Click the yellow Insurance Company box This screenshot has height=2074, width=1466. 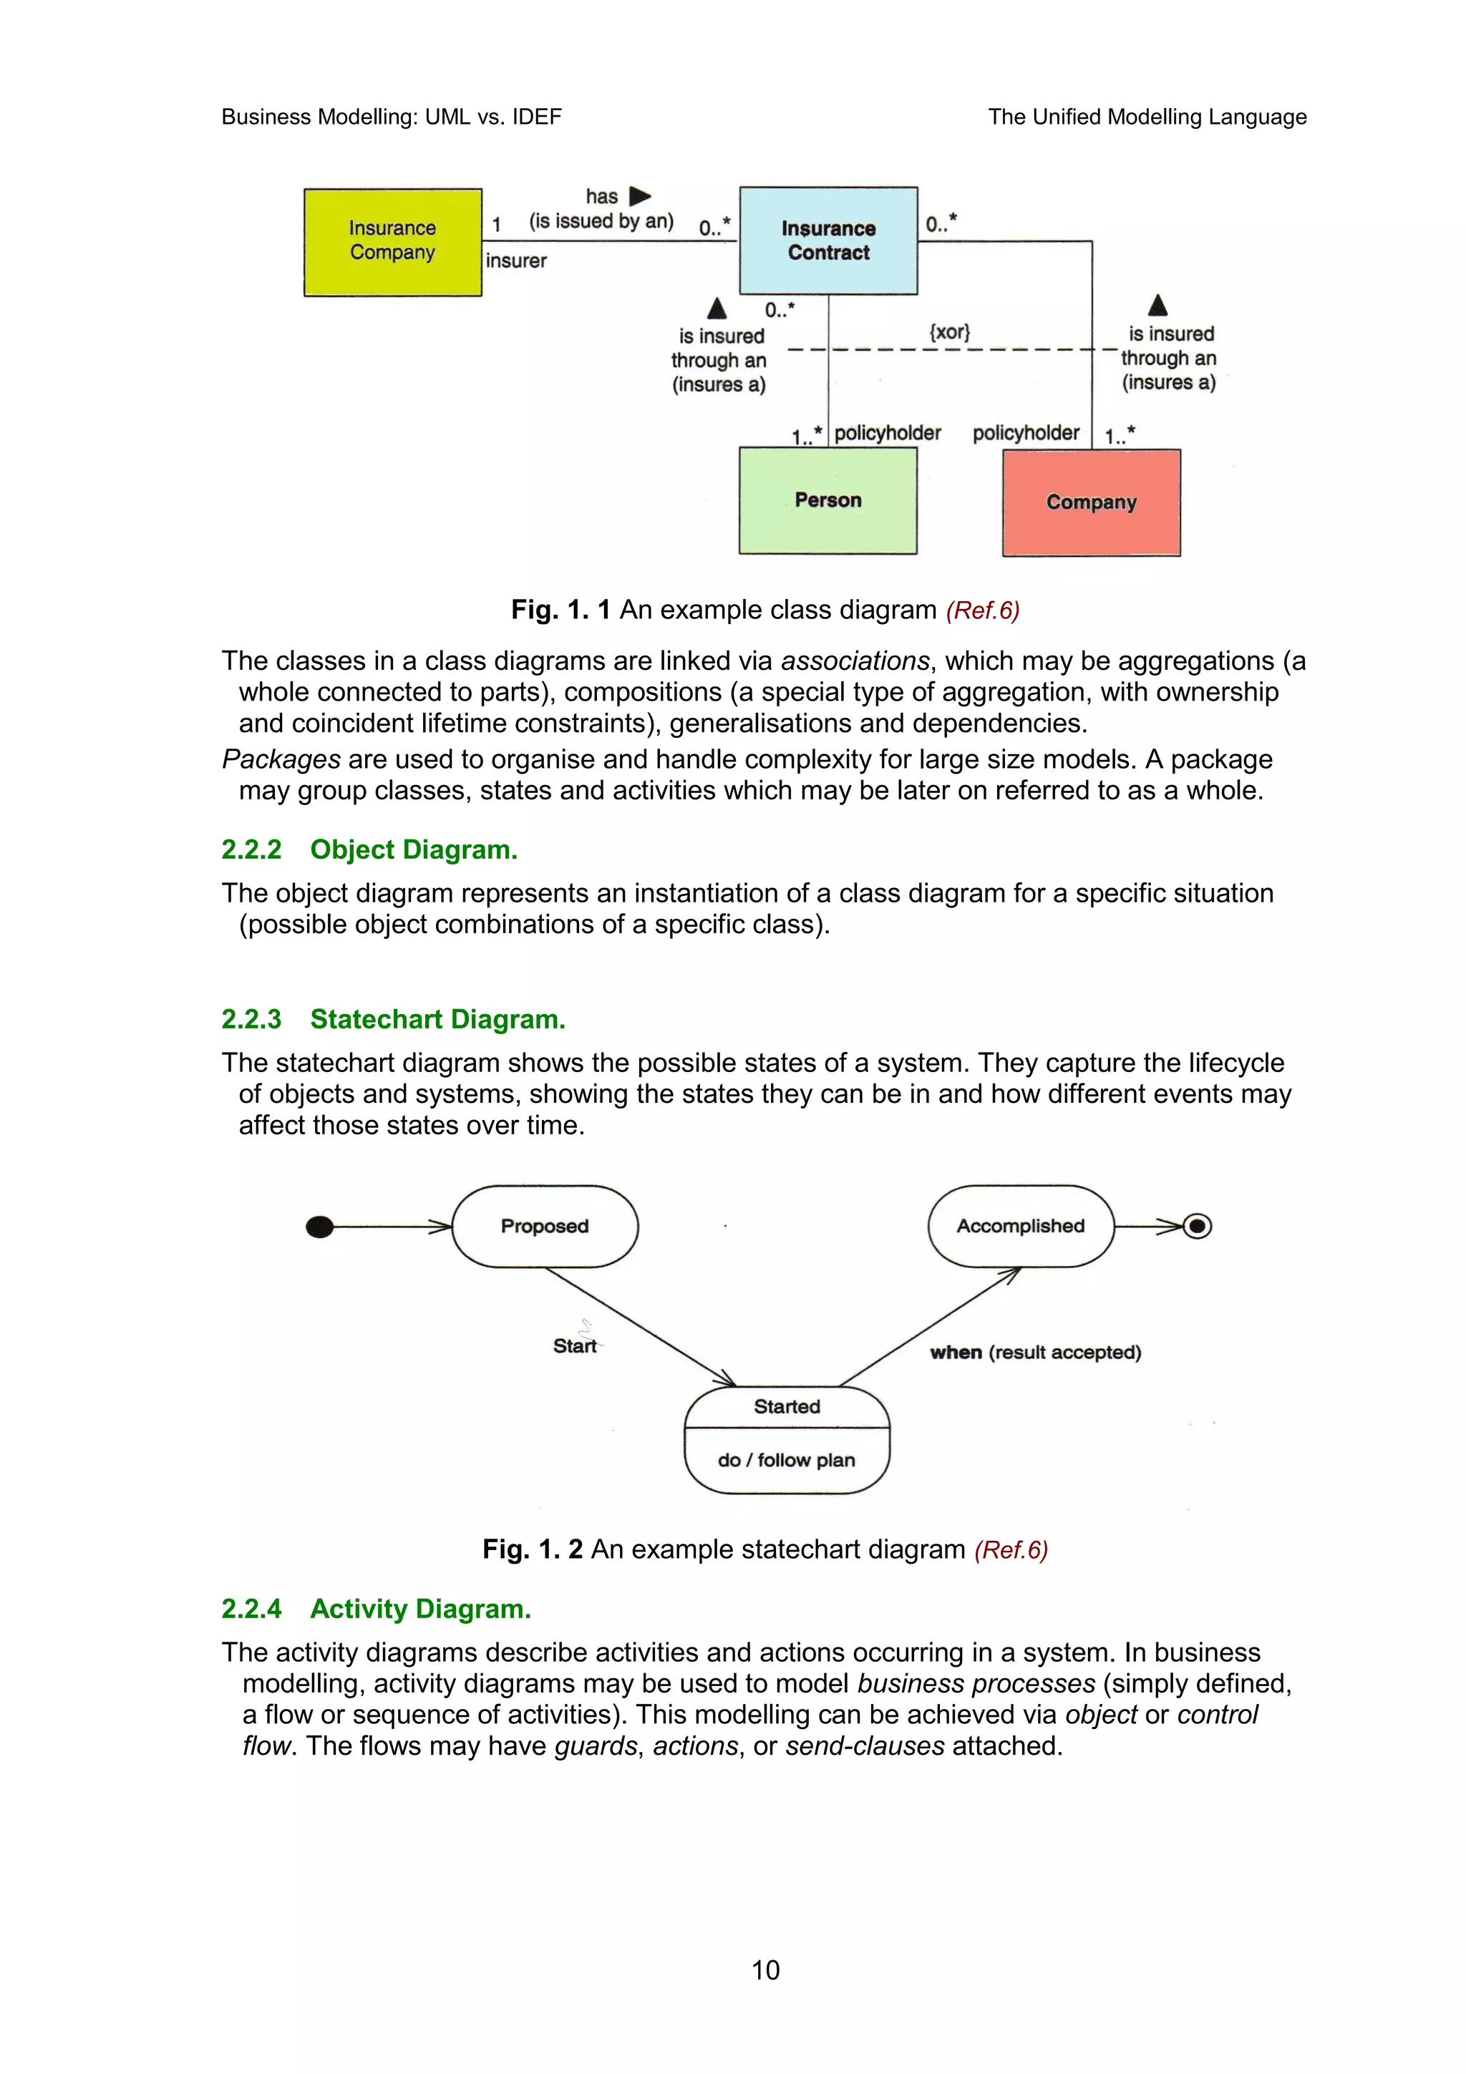pyautogui.click(x=392, y=241)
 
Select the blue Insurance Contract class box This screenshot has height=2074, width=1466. pyautogui.click(x=827, y=240)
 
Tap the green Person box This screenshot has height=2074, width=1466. pyautogui.click(x=827, y=500)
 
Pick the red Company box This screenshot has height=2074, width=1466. pyautogui.click(x=1090, y=502)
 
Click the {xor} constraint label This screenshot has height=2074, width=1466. pyautogui.click(x=949, y=331)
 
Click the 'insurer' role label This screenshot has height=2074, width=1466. pyautogui.click(x=516, y=261)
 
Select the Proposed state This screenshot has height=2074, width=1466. pyautogui.click(x=545, y=1226)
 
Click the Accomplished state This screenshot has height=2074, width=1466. pyautogui.click(x=1021, y=1226)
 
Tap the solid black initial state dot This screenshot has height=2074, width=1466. pyautogui.click(x=320, y=1227)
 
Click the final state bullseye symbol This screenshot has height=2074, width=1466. pyautogui.click(x=1198, y=1226)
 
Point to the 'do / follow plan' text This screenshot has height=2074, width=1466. pyautogui.click(x=786, y=1460)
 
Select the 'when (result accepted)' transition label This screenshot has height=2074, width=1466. pyautogui.click(x=1035, y=1353)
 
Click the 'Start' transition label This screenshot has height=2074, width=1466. pyautogui.click(x=575, y=1346)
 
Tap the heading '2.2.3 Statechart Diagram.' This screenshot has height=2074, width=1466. pyautogui.click(x=393, y=1019)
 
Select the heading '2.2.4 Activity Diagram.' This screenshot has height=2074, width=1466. pyautogui.click(x=376, y=1609)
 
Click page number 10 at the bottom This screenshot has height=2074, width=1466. pyautogui.click(x=765, y=1970)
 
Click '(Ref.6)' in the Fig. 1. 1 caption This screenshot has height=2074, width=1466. pyautogui.click(x=982, y=610)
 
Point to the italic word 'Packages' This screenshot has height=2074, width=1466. pyautogui.click(x=281, y=760)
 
